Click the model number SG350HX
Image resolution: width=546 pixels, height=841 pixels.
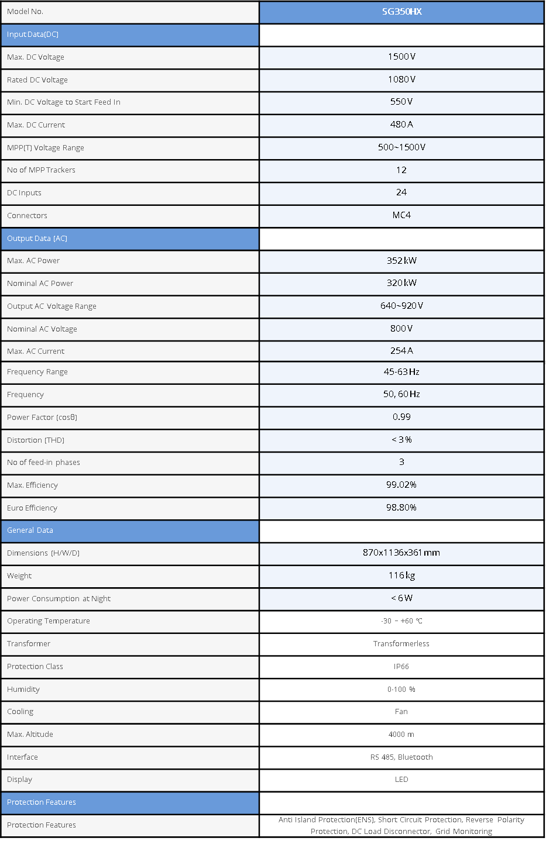(401, 12)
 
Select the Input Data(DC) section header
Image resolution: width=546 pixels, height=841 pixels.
(33, 35)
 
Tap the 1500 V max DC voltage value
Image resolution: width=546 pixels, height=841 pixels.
(401, 57)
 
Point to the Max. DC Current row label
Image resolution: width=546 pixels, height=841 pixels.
(36, 125)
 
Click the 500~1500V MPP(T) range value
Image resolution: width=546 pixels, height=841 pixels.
(401, 147)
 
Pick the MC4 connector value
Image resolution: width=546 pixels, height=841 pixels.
(401, 215)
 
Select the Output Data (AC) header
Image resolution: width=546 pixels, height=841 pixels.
(37, 239)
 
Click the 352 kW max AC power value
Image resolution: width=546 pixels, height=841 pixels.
(401, 261)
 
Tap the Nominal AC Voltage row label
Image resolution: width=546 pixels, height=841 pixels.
(42, 329)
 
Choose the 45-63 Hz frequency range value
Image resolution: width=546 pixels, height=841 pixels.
(401, 372)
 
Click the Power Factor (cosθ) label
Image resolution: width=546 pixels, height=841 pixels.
(42, 418)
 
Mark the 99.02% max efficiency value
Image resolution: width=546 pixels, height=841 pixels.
(401, 485)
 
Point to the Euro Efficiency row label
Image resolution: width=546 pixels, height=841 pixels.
(32, 508)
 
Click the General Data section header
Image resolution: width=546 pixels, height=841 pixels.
(30, 530)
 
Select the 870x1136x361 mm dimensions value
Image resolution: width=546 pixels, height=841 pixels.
(401, 553)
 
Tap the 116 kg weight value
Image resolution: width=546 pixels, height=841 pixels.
(401, 575)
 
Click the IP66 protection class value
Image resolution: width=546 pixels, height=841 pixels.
(401, 667)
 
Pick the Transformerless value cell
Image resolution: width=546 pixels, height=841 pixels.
(401, 644)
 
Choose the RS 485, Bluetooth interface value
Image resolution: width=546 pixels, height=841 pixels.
(401, 757)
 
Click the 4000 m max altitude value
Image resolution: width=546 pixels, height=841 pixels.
(401, 735)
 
